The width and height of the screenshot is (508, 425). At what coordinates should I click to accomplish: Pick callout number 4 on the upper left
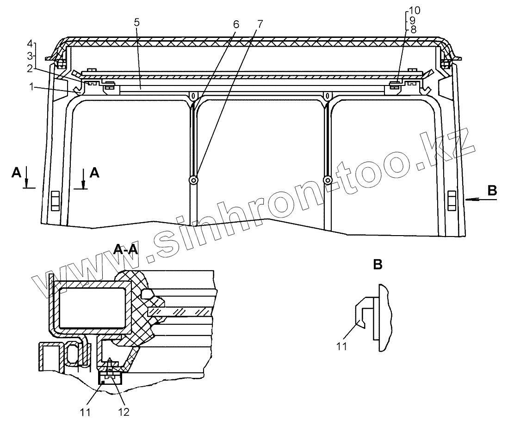point(30,44)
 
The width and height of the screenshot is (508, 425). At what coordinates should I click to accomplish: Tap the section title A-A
point(125,250)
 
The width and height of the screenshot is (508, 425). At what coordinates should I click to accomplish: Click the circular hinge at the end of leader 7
point(193,180)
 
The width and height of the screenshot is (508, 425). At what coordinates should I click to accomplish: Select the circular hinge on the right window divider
point(328,180)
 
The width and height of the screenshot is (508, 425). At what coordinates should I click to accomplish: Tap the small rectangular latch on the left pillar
point(55,199)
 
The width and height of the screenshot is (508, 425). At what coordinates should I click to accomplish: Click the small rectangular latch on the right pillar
point(452,199)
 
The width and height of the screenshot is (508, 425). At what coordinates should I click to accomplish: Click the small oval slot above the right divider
point(327,96)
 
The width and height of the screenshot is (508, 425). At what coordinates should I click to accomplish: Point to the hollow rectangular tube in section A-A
point(91,307)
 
